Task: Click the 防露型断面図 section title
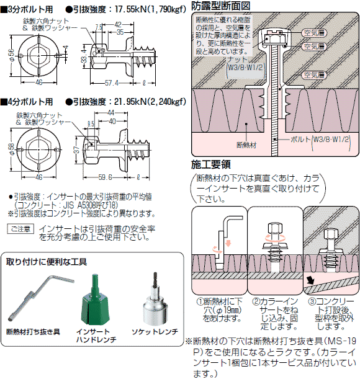[x=220, y=6]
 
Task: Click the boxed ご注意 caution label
[x=20, y=229]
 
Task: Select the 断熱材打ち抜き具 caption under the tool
[x=33, y=332]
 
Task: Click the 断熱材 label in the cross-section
[x=249, y=144]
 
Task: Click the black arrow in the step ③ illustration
[x=310, y=281]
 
